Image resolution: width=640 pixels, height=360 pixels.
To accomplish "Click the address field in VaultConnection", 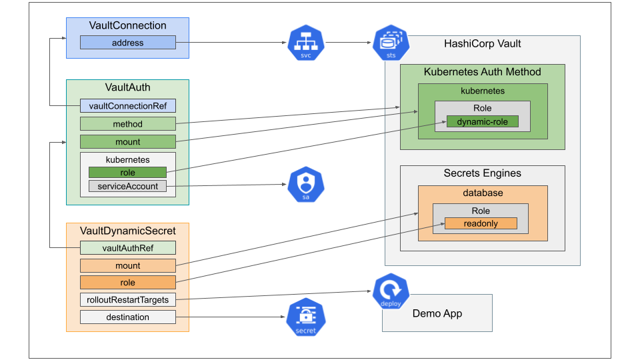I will click(x=127, y=43).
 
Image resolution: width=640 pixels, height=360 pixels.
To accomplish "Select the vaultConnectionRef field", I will click(x=127, y=105).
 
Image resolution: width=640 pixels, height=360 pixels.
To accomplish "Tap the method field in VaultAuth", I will click(x=127, y=123).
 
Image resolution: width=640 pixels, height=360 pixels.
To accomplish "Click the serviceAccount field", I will click(x=127, y=186).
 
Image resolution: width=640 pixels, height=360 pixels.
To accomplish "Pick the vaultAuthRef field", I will click(x=127, y=247).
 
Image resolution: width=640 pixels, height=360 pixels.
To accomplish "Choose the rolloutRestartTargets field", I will click(x=127, y=299).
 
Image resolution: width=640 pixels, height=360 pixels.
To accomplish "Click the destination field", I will click(x=127, y=317).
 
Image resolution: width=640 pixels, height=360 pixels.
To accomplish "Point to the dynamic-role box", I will click(x=482, y=122).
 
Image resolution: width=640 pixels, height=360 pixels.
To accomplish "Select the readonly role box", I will click(x=481, y=224).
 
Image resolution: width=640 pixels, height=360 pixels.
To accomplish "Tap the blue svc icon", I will click(x=306, y=44).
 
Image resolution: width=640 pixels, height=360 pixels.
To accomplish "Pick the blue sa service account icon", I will click(x=306, y=185).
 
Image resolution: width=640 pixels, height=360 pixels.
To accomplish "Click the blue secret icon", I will click(x=306, y=317).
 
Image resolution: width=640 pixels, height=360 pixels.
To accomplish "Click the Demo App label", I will click(x=437, y=313).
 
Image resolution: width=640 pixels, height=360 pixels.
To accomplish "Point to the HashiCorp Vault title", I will click(x=483, y=44).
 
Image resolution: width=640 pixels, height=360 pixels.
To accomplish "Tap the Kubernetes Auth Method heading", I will click(x=482, y=72).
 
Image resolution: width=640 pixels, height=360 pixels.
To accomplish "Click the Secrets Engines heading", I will click(x=482, y=173).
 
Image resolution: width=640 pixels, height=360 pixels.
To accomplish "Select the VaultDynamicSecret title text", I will click(x=128, y=231).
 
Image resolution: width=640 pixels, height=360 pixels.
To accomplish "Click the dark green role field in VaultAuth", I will click(x=127, y=173).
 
